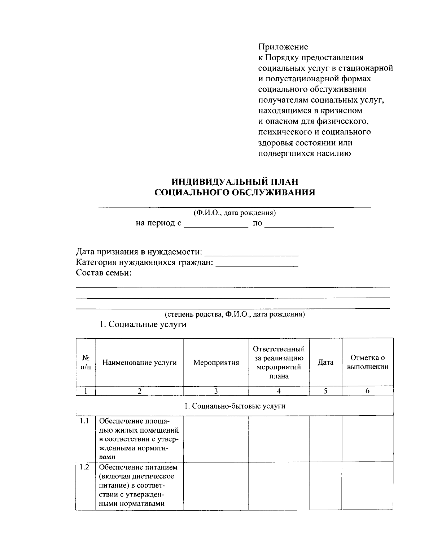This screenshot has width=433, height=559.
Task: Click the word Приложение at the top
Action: (283, 47)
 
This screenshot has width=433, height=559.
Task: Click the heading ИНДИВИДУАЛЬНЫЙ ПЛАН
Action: (235, 181)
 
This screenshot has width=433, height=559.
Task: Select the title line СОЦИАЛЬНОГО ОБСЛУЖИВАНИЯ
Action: (235, 192)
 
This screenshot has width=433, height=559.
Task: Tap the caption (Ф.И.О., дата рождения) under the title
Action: (235, 213)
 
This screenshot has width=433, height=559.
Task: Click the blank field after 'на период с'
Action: (216, 224)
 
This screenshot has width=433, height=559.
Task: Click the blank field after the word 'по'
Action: (299, 224)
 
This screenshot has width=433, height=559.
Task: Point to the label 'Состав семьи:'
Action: (104, 273)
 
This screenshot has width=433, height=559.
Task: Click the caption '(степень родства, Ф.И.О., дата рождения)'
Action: (235, 314)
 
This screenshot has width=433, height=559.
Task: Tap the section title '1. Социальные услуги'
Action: (143, 324)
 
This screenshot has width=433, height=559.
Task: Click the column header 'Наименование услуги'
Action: (140, 363)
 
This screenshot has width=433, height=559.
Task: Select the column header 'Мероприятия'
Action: (216, 363)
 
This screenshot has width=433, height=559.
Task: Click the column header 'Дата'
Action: (325, 363)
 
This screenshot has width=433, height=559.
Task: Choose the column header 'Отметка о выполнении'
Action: (367, 363)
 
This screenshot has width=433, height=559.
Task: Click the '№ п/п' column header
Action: (86, 363)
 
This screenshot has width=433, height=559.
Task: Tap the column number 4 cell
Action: (279, 391)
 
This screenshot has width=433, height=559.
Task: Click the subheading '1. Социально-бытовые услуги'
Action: (235, 406)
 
